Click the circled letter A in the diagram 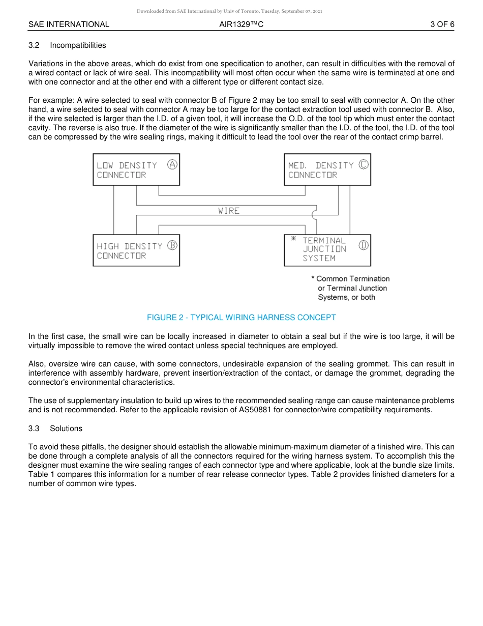tap(172, 164)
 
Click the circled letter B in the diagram tap(172, 245)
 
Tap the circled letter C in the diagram tap(364, 164)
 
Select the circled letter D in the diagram tap(364, 245)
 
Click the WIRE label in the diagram tap(229, 211)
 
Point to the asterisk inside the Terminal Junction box tap(293, 239)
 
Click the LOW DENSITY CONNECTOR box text tap(127, 170)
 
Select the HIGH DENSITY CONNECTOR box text tap(129, 251)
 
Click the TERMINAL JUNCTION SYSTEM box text tap(324, 249)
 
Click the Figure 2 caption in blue tap(241, 318)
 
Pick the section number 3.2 tap(34, 45)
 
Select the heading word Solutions tap(66, 429)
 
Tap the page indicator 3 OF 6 tap(442, 24)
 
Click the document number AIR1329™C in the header tap(241, 24)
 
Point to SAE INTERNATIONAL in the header tap(69, 24)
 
